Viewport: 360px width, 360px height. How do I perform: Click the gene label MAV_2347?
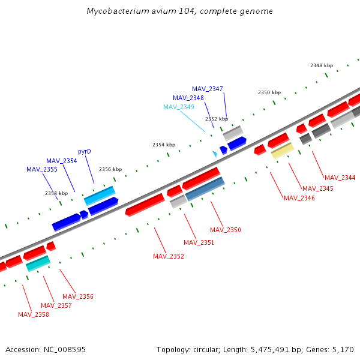[208, 89]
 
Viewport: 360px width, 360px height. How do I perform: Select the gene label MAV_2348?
[188, 98]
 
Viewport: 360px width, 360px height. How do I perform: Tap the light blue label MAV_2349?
[179, 107]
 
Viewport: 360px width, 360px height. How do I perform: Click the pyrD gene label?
[85, 151]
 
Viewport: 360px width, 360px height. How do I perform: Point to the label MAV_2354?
[62, 161]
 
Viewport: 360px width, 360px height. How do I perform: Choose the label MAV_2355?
[42, 169]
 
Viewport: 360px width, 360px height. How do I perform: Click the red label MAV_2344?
[340, 178]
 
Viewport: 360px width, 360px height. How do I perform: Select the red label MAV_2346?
[299, 198]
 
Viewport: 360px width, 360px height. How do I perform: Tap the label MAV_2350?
[226, 230]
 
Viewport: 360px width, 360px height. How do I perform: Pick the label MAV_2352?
[169, 256]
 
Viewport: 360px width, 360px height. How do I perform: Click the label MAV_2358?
[34, 314]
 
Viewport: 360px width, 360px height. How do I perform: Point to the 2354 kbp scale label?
[164, 145]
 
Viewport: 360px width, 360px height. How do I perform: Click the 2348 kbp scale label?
[322, 65]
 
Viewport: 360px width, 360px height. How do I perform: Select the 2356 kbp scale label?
[110, 169]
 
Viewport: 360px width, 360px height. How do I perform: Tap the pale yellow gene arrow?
[282, 151]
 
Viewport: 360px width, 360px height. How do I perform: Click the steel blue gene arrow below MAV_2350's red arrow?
[205, 188]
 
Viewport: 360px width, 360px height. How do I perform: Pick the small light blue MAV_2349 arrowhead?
[215, 154]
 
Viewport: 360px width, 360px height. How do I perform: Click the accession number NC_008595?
[66, 349]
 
